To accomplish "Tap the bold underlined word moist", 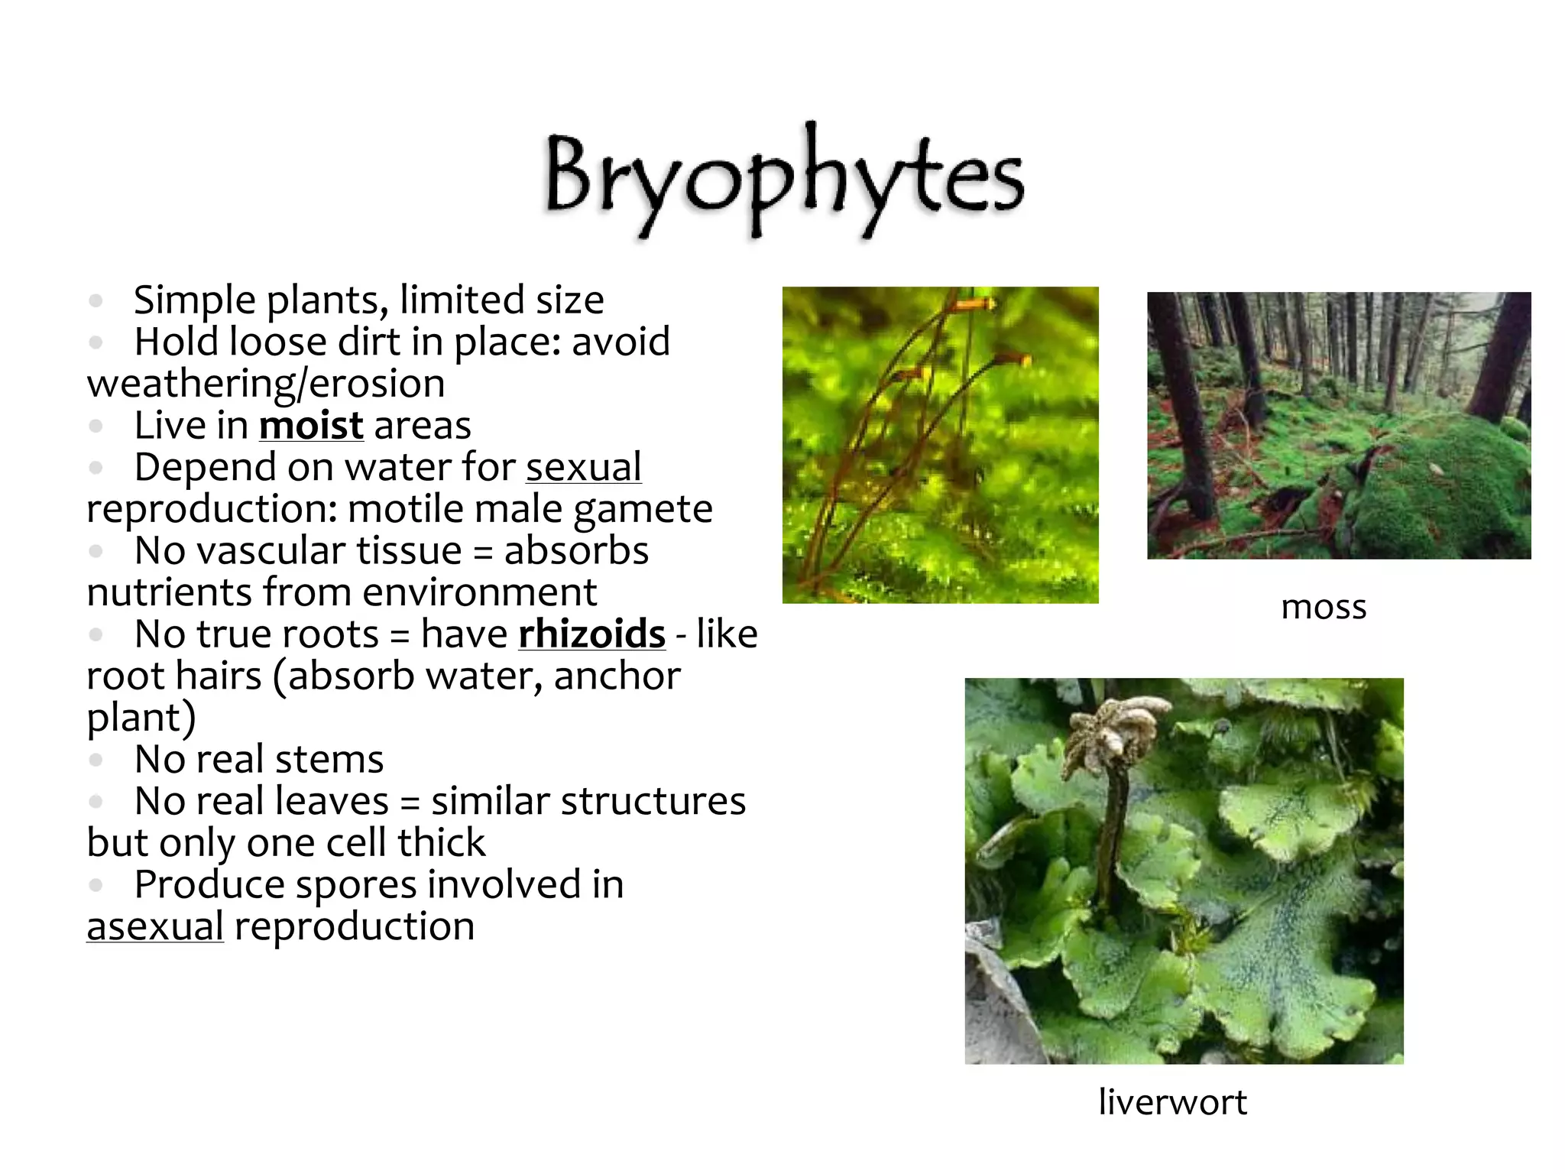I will tap(311, 426).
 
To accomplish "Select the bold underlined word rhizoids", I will tap(591, 634).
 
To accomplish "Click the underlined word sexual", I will tap(583, 467).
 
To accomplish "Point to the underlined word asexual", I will tap(155, 926).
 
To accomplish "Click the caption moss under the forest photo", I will tap(1324, 607).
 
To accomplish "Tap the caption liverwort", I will tap(1172, 1102).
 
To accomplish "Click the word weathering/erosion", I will tap(266, 384).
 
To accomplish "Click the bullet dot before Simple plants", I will tap(96, 300).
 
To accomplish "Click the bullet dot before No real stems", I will tap(96, 760).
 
